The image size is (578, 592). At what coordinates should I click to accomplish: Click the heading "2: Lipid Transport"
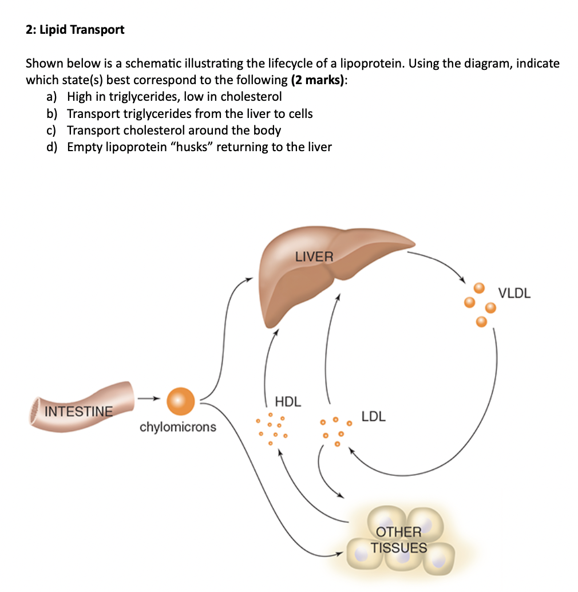tap(75, 30)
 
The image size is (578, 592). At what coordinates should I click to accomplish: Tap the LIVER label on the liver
tap(314, 256)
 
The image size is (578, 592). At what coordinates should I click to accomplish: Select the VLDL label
tap(514, 294)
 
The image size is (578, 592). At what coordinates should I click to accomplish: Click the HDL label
tap(288, 401)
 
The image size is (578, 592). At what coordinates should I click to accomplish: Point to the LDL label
tap(374, 416)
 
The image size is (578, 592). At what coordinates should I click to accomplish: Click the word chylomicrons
tap(178, 427)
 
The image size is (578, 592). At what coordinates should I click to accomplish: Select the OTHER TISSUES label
tap(399, 540)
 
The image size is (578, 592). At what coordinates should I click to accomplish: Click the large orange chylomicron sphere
tap(181, 400)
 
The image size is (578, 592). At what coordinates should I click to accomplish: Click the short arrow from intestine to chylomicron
tap(147, 398)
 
